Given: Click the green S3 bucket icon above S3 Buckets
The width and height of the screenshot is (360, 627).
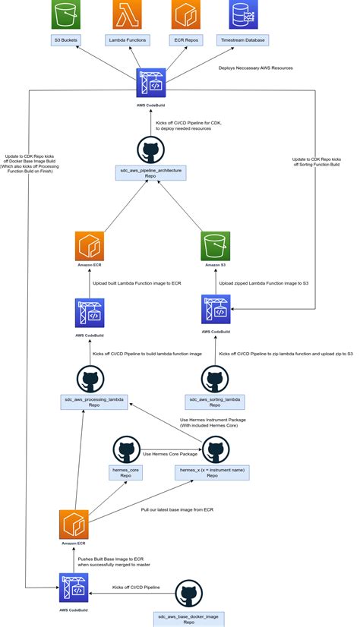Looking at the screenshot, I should click(65, 14).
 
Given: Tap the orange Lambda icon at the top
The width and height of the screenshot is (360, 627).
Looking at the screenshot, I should click(126, 14).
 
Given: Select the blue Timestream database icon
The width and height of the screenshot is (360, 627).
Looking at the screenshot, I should click(242, 14).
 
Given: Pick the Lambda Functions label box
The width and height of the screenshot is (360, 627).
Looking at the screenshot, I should click(126, 40).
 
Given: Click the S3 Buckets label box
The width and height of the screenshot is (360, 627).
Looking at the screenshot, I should click(65, 40).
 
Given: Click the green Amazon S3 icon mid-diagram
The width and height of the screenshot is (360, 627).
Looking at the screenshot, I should click(216, 247).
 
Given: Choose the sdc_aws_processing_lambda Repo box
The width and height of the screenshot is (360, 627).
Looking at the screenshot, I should click(95, 402).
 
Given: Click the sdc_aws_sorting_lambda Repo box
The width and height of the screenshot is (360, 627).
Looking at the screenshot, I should click(214, 402).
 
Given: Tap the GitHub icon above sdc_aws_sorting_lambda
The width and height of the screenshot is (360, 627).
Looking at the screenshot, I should click(214, 377).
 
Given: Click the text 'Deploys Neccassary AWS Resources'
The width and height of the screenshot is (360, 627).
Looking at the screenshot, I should click(255, 68).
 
